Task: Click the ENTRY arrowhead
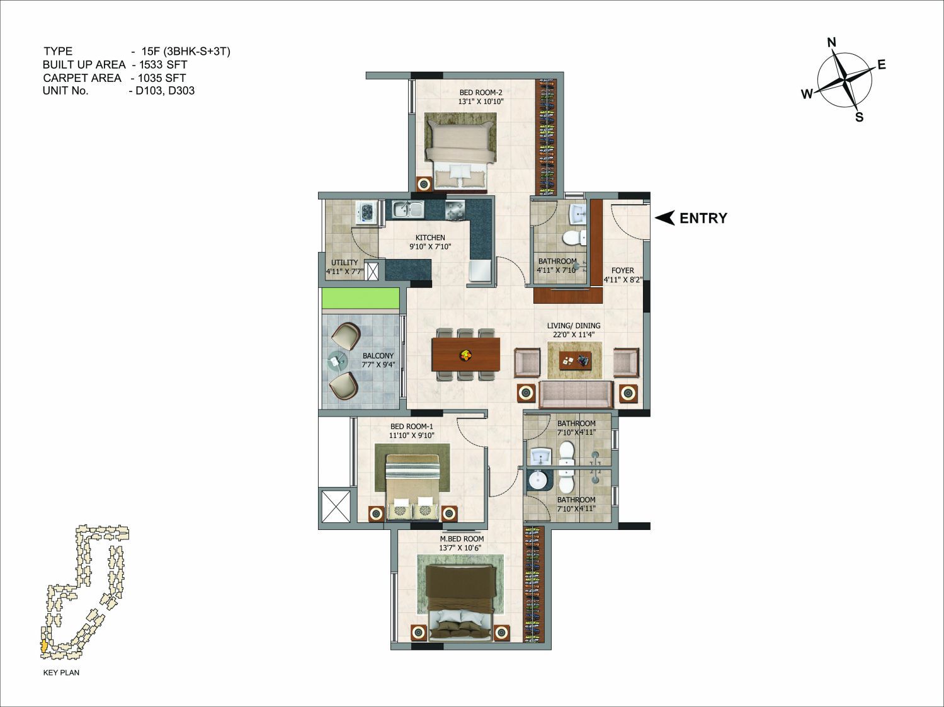pyautogui.click(x=664, y=218)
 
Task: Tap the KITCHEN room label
pyautogui.click(x=430, y=238)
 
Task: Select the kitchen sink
pyautogui.click(x=408, y=210)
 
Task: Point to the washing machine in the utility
pyautogui.click(x=366, y=212)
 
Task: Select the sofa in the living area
pyautogui.click(x=576, y=394)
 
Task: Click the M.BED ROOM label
pyautogui.click(x=462, y=539)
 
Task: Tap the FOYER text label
pyautogui.click(x=622, y=271)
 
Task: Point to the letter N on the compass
pyautogui.click(x=832, y=42)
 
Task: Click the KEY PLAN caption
pyautogui.click(x=61, y=672)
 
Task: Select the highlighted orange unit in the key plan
pyautogui.click(x=43, y=647)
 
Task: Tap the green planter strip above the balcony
pyautogui.click(x=360, y=299)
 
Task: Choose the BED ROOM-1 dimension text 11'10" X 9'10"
pyautogui.click(x=412, y=435)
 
